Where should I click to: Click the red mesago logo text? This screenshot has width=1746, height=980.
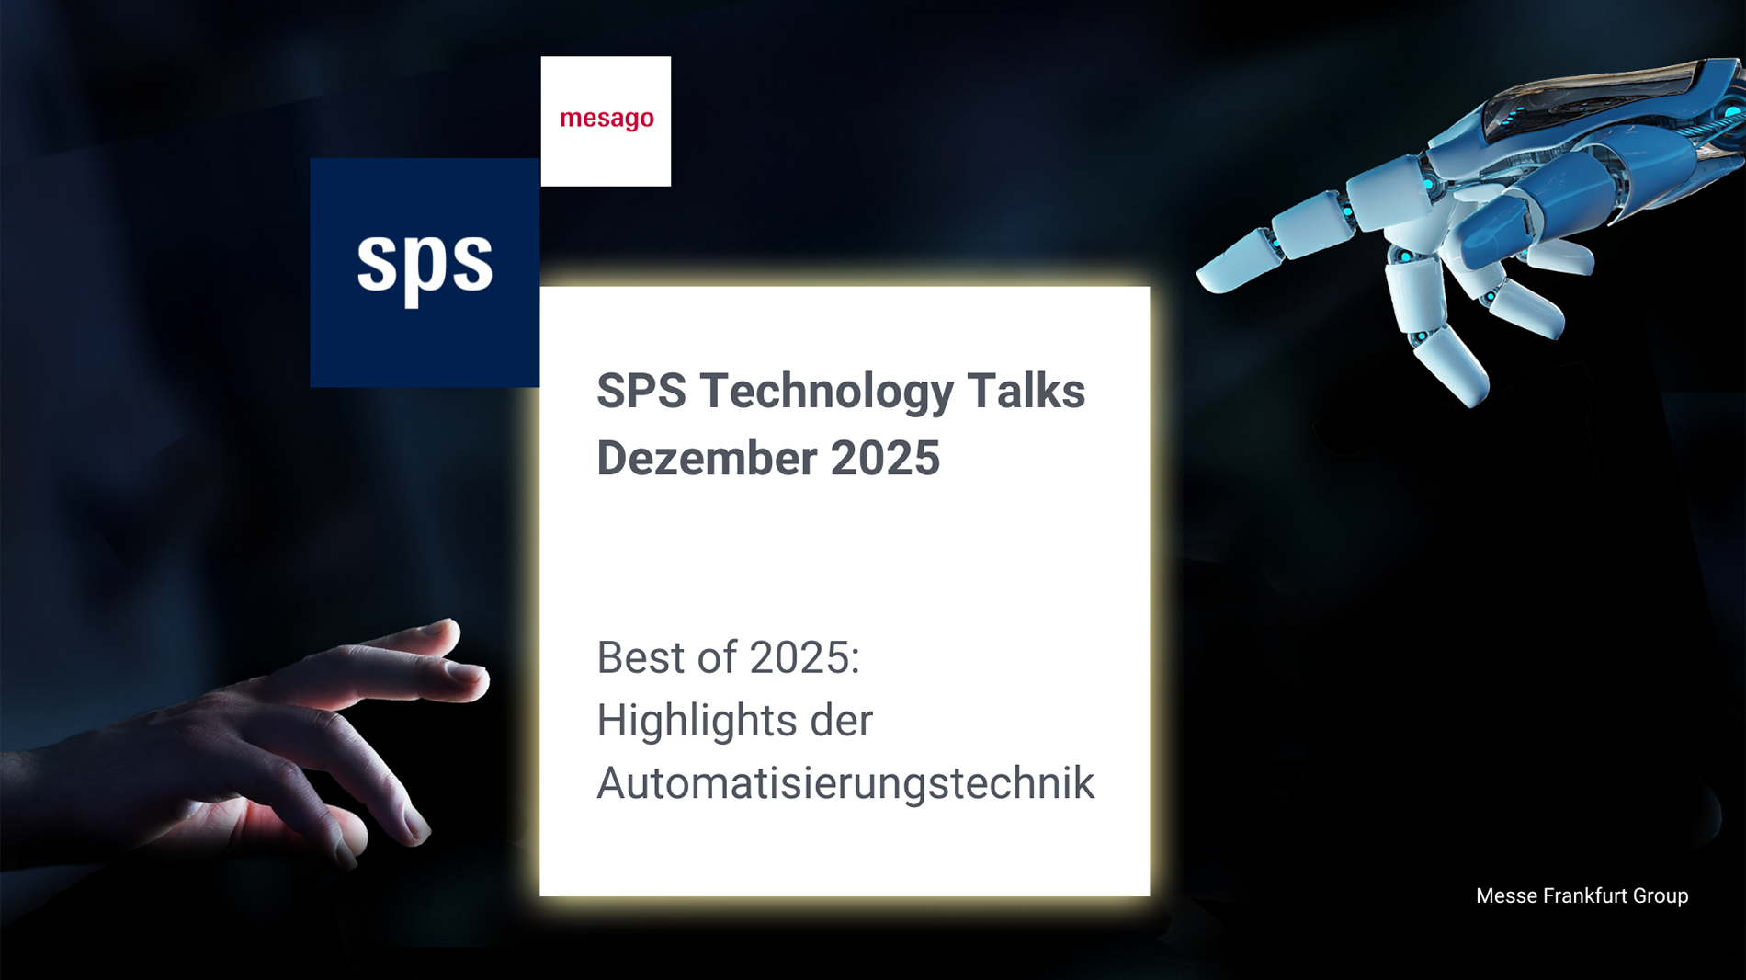(x=607, y=120)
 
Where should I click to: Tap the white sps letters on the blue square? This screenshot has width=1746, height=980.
(x=425, y=265)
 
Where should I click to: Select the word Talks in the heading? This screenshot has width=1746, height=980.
(x=1026, y=391)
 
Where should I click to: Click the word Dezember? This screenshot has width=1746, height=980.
(x=707, y=458)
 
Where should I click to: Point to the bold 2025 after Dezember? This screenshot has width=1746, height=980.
(x=885, y=458)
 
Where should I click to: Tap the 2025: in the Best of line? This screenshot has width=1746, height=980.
(x=804, y=658)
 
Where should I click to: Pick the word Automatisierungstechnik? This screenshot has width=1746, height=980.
(x=845, y=784)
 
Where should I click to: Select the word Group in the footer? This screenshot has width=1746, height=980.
(x=1661, y=896)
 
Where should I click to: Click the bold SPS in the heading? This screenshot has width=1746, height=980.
(x=641, y=391)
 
